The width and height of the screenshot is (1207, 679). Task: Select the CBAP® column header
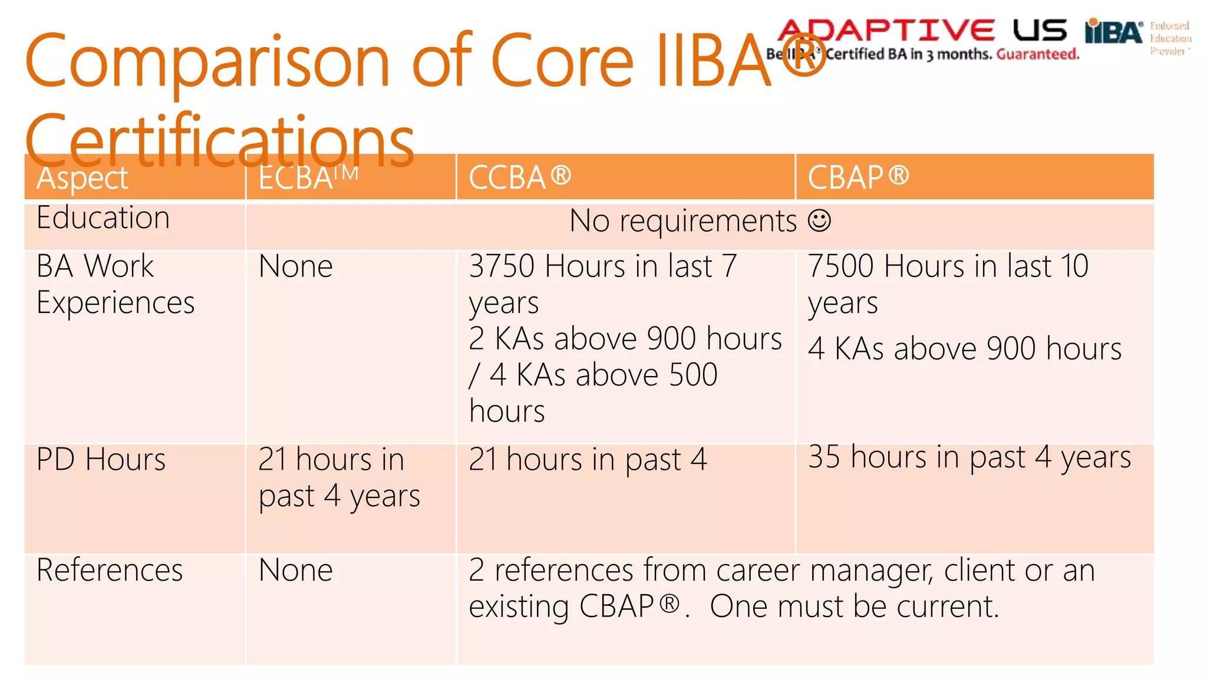(x=858, y=177)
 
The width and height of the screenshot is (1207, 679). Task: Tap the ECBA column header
(x=308, y=177)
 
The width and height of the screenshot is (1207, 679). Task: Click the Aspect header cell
(x=83, y=178)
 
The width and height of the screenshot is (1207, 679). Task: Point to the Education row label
(x=103, y=217)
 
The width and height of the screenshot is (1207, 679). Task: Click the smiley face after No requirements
(x=819, y=221)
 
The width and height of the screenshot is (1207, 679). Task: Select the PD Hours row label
(x=101, y=459)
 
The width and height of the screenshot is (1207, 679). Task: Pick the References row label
(x=110, y=570)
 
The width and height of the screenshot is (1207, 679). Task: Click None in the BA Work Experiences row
(x=295, y=266)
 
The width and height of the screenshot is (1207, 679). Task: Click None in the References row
(x=295, y=570)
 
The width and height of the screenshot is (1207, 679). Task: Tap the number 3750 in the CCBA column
(x=502, y=266)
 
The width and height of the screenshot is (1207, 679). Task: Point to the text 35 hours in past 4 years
(x=969, y=457)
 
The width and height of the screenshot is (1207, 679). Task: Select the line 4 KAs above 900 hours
(x=964, y=348)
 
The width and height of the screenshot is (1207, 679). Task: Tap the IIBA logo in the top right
(x=1113, y=32)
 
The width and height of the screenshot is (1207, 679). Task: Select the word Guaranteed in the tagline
(x=1037, y=54)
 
